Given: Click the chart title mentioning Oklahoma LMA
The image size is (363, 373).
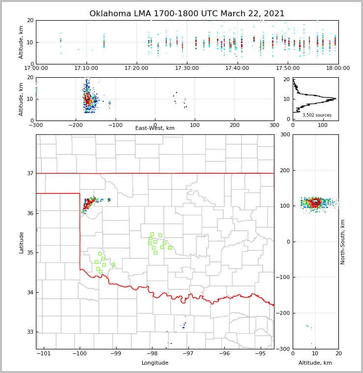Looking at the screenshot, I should (x=187, y=14).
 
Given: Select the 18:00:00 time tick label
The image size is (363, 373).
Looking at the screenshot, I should (x=338, y=68).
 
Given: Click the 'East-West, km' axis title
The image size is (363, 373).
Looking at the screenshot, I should (x=155, y=128).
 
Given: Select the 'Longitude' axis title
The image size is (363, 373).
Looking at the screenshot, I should (x=155, y=363).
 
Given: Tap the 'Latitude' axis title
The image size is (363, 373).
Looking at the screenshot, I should (x=22, y=242).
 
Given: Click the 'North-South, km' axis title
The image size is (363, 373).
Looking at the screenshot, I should (x=343, y=242).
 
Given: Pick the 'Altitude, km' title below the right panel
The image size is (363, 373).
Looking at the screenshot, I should (x=315, y=363).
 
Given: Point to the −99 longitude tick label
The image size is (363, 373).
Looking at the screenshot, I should (x=116, y=353).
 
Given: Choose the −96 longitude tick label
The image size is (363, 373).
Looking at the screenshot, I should (x=224, y=353).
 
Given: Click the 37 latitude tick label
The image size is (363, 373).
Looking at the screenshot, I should (x=30, y=173).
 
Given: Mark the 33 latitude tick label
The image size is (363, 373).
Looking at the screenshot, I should (x=30, y=332).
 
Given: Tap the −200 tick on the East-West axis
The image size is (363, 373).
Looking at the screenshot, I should (x=75, y=125).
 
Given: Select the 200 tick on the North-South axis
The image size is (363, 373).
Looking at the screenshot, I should (x=285, y=170).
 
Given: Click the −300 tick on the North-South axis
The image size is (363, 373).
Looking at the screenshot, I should (x=283, y=349).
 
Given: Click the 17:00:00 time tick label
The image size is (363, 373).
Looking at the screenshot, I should (x=36, y=68).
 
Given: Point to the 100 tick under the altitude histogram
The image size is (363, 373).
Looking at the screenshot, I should (x=323, y=125).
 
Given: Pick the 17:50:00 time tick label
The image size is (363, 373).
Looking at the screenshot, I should (x=288, y=68).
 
